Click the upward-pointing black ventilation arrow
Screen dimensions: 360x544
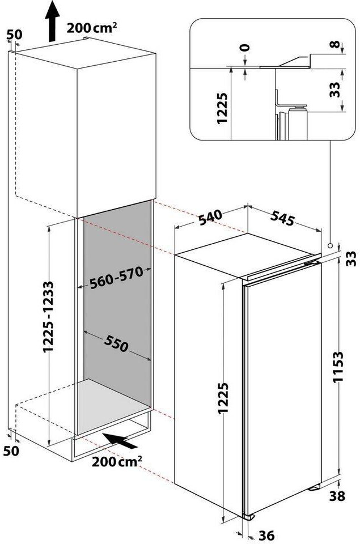click(x=52, y=21)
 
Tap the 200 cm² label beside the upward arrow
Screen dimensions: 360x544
click(x=91, y=27)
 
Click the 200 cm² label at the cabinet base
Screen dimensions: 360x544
click(x=117, y=461)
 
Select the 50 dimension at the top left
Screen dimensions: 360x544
click(x=14, y=35)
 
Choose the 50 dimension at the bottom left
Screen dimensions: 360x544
click(x=11, y=450)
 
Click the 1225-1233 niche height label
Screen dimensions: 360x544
click(x=48, y=317)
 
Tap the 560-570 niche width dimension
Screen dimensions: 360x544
click(x=116, y=278)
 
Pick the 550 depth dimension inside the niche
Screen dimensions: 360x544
click(x=116, y=343)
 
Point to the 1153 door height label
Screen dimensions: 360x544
click(x=338, y=367)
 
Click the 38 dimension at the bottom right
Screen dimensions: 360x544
click(x=337, y=496)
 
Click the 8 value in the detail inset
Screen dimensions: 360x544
click(x=334, y=44)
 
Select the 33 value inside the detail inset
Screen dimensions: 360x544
click(x=334, y=90)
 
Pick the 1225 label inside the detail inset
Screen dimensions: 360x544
click(x=222, y=108)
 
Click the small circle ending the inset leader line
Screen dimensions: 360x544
click(x=330, y=245)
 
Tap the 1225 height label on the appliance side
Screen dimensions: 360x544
click(x=223, y=398)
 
